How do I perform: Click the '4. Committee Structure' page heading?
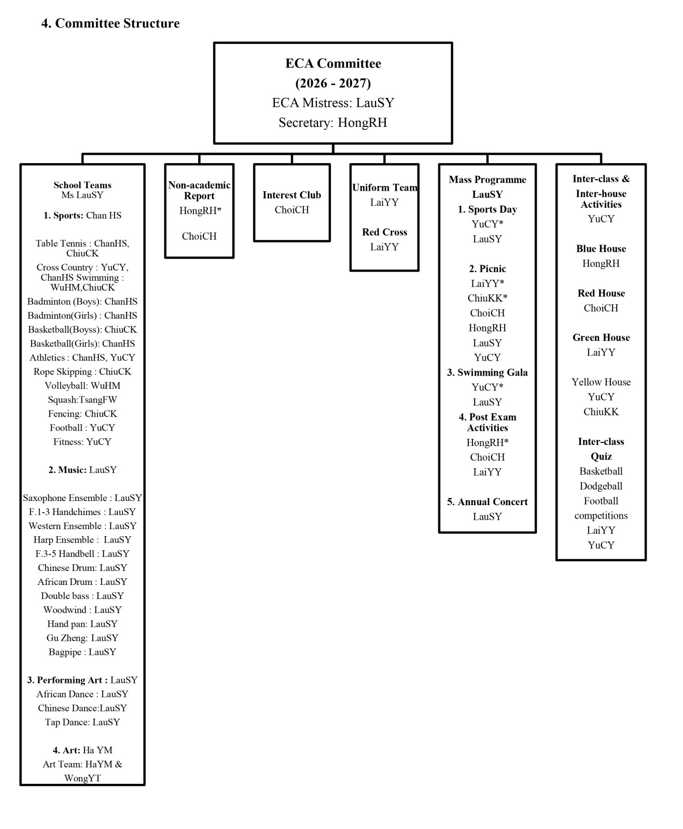pos(110,23)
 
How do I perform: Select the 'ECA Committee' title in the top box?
pos(333,63)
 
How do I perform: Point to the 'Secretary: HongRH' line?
pos(333,123)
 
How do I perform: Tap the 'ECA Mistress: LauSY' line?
pos(333,103)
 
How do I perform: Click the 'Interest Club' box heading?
pos(292,195)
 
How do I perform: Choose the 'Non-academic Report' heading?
pos(199,190)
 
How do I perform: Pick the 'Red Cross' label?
pos(384,232)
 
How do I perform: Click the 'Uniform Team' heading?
pos(384,188)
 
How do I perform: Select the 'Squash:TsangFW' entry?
pos(82,400)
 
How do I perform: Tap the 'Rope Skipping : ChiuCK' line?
pos(82,371)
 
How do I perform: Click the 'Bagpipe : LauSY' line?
pos(82,652)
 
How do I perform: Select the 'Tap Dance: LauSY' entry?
pos(82,722)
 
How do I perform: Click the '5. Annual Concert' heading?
pos(487,502)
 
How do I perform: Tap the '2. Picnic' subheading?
pos(487,269)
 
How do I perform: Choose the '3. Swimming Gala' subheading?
pos(487,373)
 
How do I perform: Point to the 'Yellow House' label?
pos(601,382)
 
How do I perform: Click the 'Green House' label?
pos(601,338)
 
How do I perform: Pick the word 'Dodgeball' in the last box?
pos(601,486)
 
